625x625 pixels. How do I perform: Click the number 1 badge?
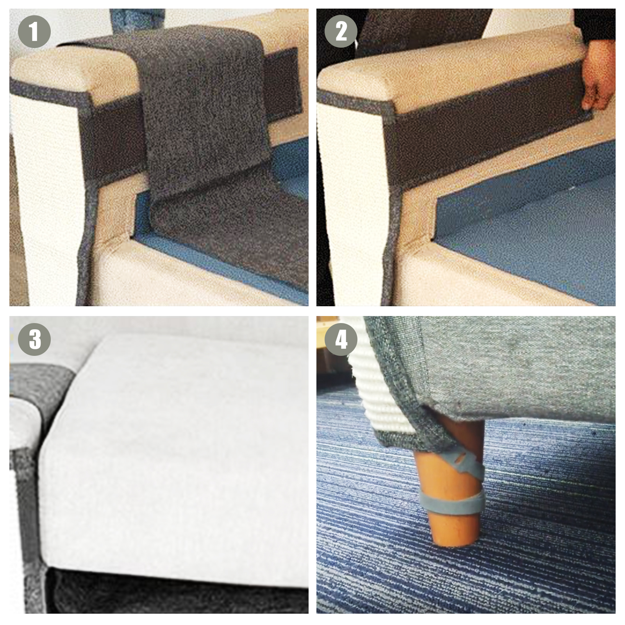point(34,32)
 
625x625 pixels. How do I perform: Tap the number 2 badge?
point(341,32)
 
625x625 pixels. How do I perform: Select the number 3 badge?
point(34,339)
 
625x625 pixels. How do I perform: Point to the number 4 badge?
point(341,339)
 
